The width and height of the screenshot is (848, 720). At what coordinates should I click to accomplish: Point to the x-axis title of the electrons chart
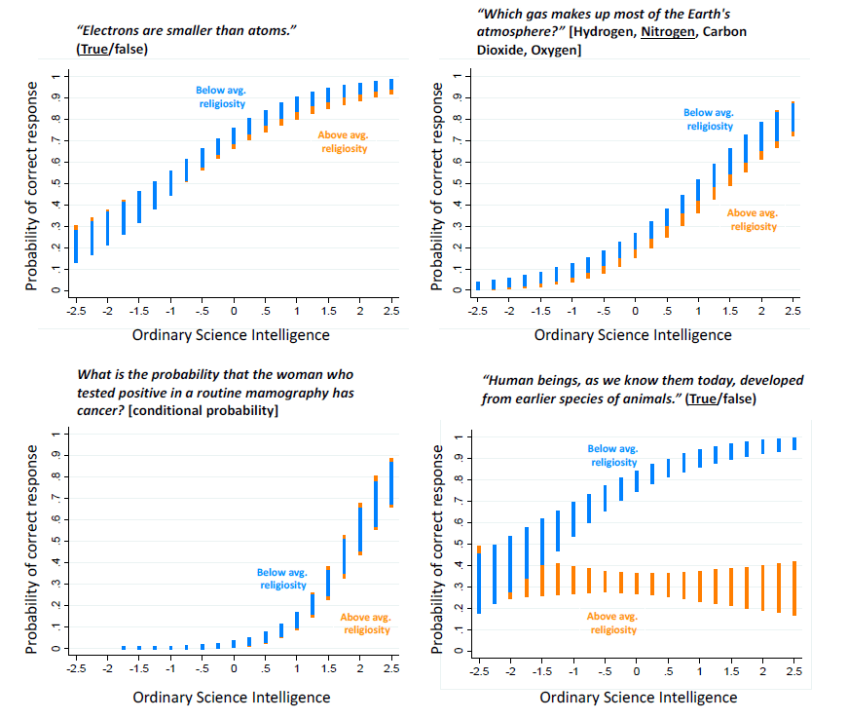click(231, 334)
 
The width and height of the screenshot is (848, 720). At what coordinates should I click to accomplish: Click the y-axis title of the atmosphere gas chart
click(437, 185)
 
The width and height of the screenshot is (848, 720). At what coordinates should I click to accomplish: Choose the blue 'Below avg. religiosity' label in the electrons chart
click(220, 96)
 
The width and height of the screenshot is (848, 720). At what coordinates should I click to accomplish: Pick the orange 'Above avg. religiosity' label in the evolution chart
click(613, 623)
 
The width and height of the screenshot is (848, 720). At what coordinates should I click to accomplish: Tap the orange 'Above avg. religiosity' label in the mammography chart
click(365, 623)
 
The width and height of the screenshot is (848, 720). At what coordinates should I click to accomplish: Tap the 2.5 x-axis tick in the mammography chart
click(391, 668)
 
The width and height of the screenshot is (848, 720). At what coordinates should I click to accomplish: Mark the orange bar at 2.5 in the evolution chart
click(795, 587)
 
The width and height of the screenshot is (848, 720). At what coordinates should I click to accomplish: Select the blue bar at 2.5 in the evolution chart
click(795, 443)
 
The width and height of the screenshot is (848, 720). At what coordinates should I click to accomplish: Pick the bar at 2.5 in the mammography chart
click(391, 482)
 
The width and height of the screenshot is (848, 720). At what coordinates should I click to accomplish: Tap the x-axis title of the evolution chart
click(638, 697)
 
